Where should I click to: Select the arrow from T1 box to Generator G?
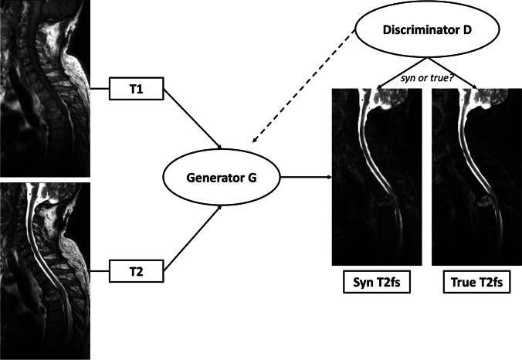[x=193, y=120]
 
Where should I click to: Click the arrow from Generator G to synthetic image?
[x=305, y=177]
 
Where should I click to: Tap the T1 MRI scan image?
[x=45, y=86]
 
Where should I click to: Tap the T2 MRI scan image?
[x=45, y=270]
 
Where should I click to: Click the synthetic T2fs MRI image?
[x=376, y=177]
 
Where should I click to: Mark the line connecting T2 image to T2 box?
[x=100, y=272]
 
